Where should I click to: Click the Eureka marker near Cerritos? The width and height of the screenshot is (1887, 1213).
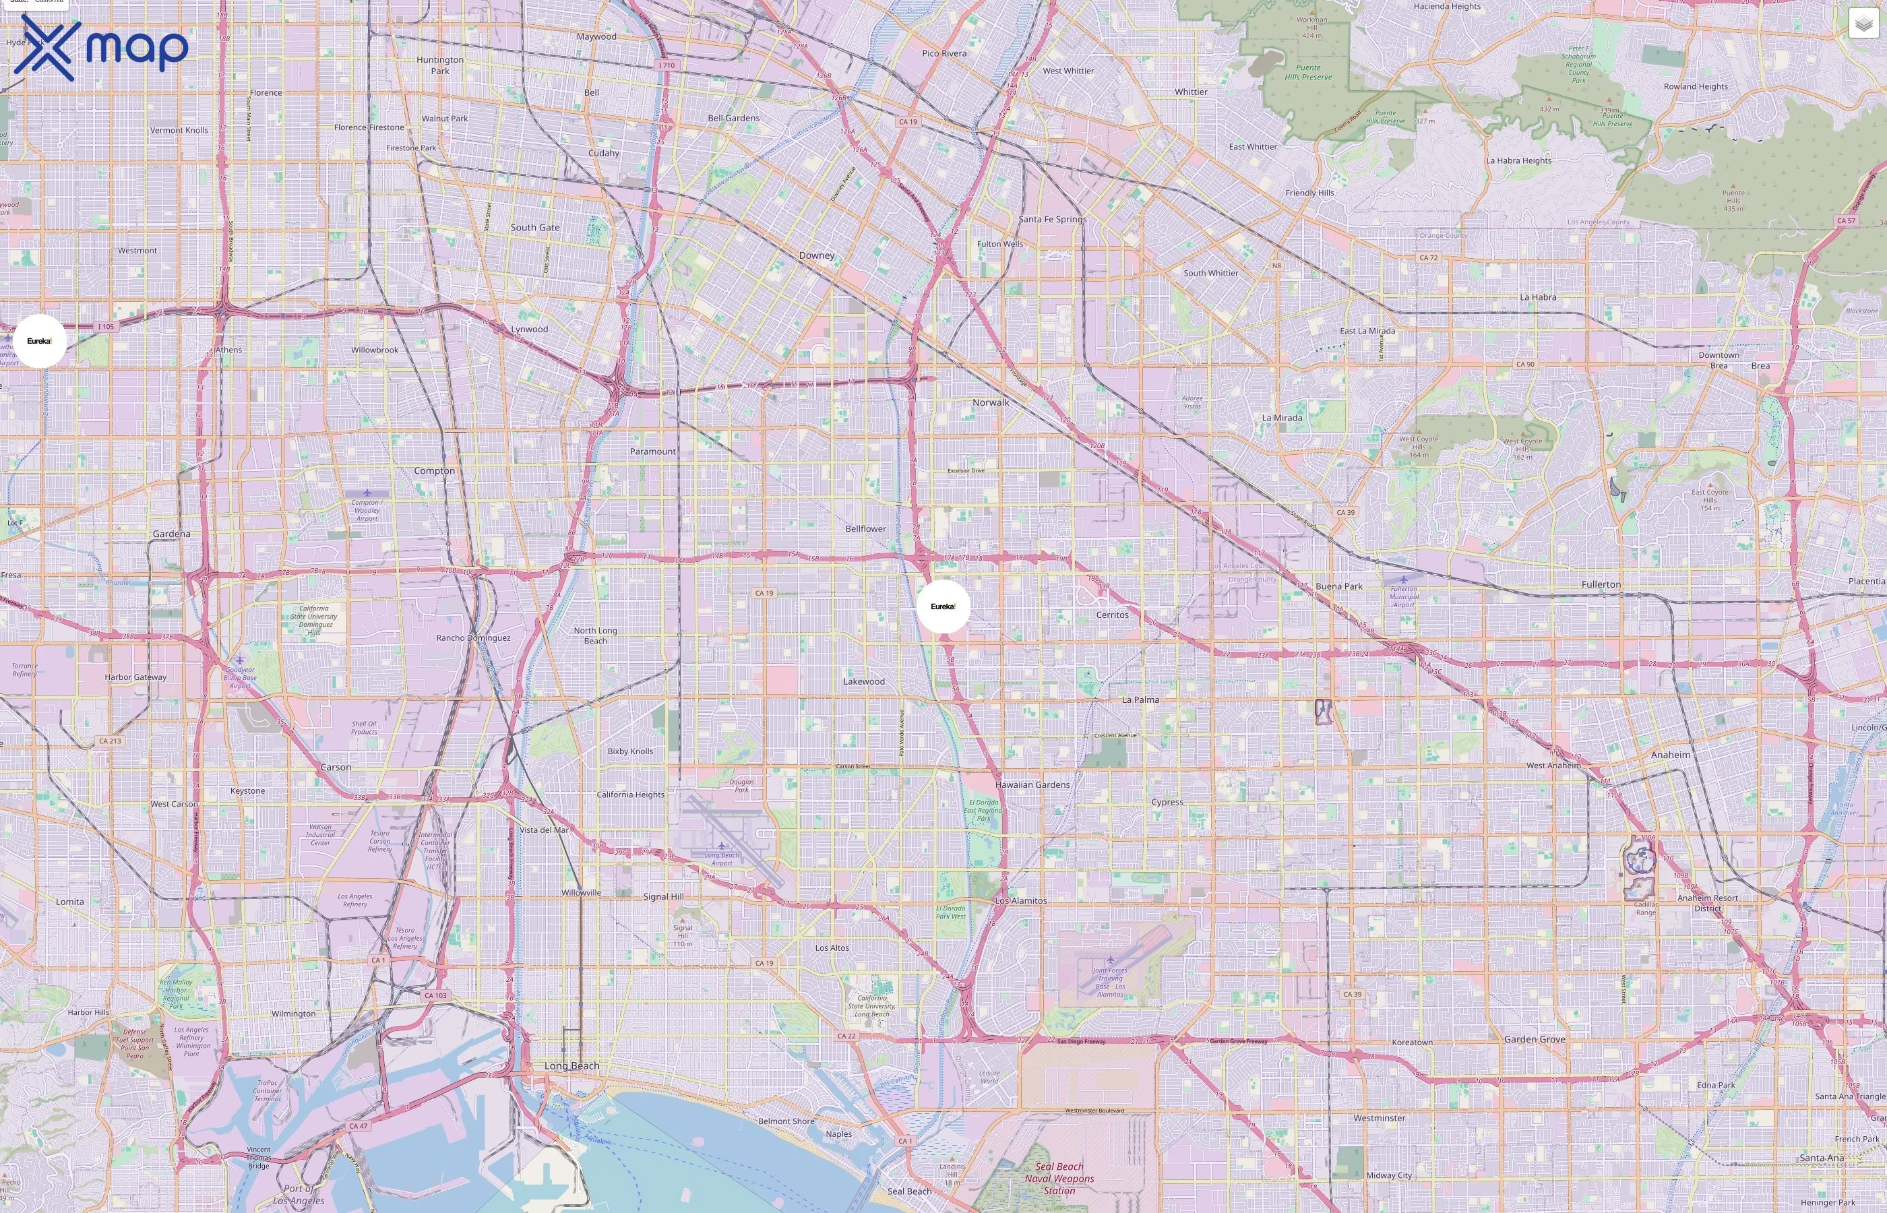tap(943, 606)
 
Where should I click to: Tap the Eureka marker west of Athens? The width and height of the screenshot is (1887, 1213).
tap(39, 341)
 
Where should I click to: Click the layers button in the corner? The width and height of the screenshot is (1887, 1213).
tap(1863, 24)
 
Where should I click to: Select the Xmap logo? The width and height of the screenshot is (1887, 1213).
tap(101, 48)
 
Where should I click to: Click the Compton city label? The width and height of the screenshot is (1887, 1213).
tap(434, 471)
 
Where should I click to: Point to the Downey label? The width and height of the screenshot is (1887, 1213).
tap(816, 255)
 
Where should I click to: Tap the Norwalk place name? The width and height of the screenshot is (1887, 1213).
tap(990, 402)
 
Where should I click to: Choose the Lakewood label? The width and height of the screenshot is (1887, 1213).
tap(864, 681)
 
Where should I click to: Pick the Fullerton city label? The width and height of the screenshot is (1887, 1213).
tap(1601, 584)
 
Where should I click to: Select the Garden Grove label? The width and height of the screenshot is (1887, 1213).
tap(1534, 1039)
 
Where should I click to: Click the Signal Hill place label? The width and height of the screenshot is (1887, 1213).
tap(663, 896)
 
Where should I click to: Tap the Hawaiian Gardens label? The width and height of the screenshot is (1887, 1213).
tap(1032, 784)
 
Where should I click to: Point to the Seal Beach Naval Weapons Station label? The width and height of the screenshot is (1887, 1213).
tap(1059, 1179)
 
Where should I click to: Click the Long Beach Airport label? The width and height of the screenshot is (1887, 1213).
tap(721, 859)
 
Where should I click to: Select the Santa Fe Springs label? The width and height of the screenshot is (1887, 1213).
tap(1052, 219)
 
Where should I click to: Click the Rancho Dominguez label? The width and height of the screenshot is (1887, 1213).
tap(473, 638)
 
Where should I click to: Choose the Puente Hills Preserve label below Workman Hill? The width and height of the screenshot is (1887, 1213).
tap(1308, 73)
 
